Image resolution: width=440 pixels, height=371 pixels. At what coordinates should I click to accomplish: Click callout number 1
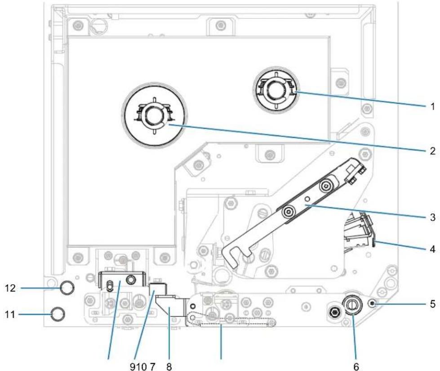[x=432, y=106]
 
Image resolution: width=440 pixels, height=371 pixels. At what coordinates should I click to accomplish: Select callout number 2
[x=432, y=151]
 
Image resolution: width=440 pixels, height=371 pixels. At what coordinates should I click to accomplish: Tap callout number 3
[x=432, y=217]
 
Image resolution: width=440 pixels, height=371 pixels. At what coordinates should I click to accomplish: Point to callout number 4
[x=432, y=249]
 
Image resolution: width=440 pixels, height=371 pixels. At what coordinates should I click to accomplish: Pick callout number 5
[x=432, y=304]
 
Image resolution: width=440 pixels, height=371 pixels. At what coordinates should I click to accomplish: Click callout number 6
[x=356, y=367]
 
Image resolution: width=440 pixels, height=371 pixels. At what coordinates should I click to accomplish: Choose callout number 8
[x=169, y=367]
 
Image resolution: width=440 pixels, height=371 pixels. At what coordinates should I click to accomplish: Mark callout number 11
[x=10, y=315]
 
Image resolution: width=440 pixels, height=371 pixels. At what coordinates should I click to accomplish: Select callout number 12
[x=10, y=288]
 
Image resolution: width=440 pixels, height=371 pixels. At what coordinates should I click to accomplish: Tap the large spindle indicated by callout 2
[x=154, y=115]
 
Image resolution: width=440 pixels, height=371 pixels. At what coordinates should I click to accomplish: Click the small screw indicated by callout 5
[x=373, y=304]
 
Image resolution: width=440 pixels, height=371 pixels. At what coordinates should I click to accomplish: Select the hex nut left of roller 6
[x=334, y=312]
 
